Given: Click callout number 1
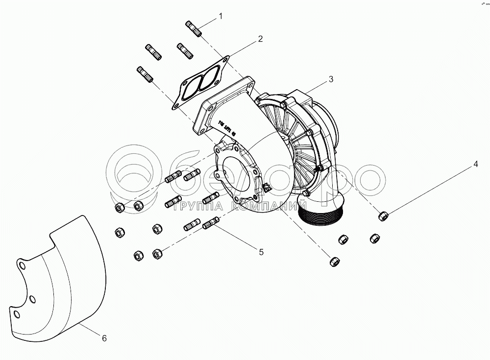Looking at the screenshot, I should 220,16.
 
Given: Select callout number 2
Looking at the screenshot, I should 260,38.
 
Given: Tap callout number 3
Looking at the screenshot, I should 331,78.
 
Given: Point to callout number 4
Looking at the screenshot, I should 475,165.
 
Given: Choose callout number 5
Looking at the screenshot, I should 261,252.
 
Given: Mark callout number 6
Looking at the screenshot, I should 104,338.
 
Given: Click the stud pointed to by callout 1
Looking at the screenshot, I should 195,28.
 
